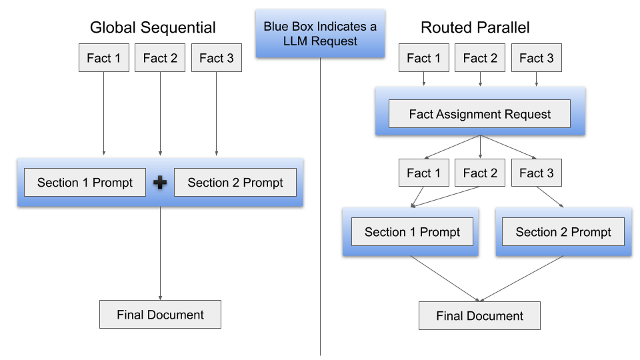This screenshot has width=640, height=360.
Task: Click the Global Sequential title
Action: coord(153,27)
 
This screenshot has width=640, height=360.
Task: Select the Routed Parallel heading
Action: coord(475,27)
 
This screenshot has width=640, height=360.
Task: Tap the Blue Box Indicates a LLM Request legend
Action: coord(320,33)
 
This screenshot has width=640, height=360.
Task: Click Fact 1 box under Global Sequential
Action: coord(103,58)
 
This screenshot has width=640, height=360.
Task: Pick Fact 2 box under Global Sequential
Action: coord(160,58)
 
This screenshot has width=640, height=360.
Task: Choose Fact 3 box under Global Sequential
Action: coord(216,58)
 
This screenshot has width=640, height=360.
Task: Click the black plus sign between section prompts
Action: coord(160,183)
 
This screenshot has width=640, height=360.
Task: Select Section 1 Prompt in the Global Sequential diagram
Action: coord(85,183)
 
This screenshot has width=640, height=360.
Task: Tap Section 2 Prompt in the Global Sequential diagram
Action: coord(235,183)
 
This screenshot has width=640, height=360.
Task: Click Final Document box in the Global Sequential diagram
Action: coord(160,315)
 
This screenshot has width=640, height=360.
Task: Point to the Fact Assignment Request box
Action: coord(479,114)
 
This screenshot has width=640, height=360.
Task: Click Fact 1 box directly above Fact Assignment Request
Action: coord(423,58)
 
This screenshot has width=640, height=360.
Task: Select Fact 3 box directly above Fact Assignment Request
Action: coord(536,58)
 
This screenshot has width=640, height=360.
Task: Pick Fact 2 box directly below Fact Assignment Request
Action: coord(480,173)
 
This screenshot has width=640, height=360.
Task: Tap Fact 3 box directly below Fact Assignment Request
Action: coord(536,173)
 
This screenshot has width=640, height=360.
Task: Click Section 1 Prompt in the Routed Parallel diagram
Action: coord(412,232)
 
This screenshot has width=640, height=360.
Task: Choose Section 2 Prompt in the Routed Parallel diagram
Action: coord(563,232)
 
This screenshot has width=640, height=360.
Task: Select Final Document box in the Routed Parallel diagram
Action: coord(479,316)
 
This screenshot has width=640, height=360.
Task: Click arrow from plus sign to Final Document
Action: coord(160,253)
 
